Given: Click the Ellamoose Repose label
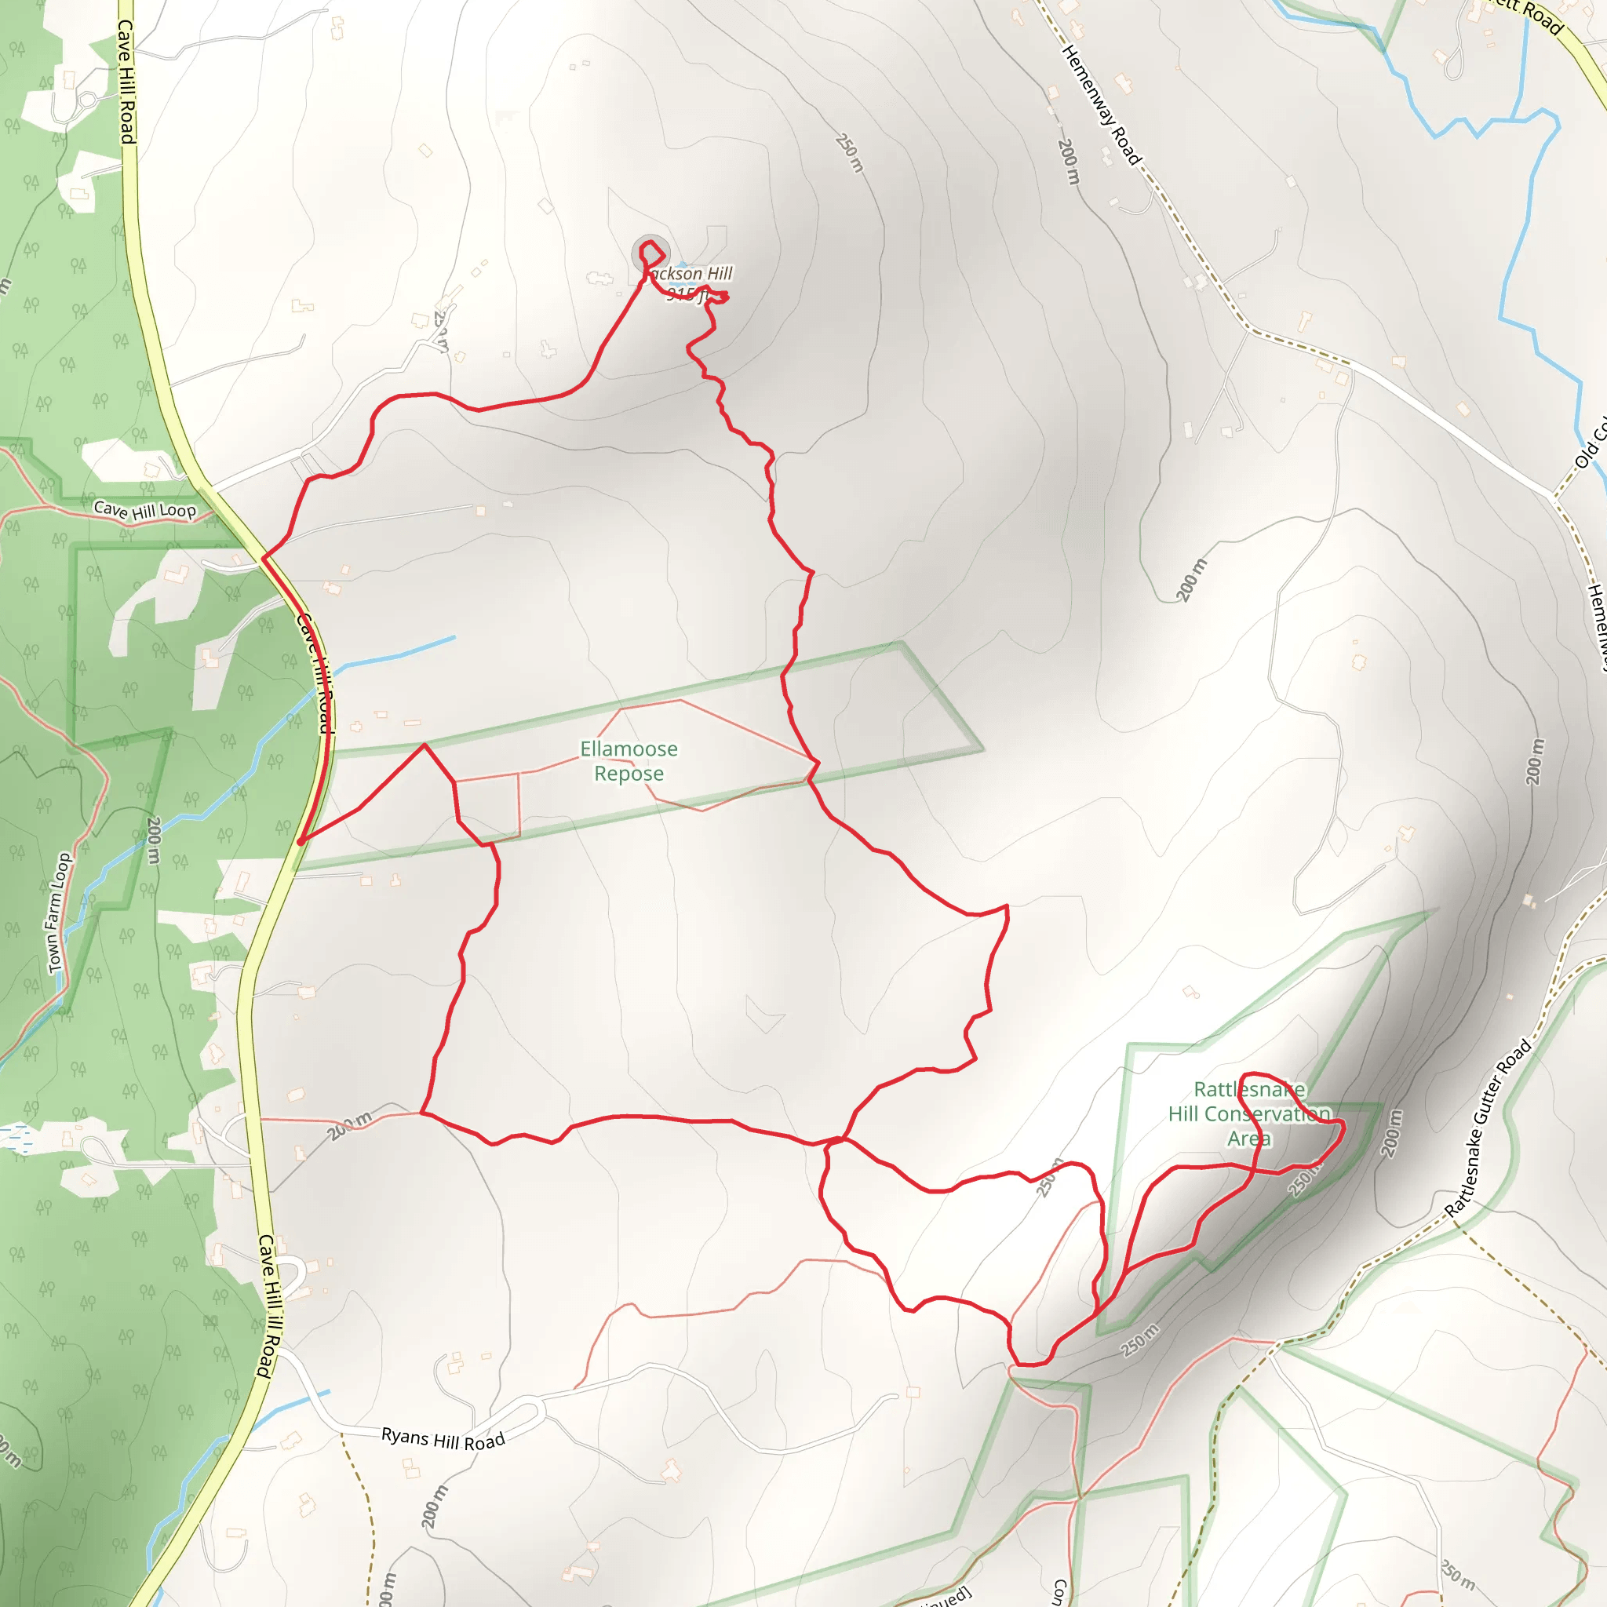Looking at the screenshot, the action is click(629, 761).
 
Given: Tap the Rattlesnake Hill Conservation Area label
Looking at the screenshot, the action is click(1249, 1113).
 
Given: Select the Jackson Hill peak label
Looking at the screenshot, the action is click(690, 282).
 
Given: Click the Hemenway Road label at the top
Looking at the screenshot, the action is click(1100, 105).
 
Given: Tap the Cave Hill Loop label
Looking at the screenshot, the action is click(144, 510).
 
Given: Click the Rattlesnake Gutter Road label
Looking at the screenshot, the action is click(1488, 1128).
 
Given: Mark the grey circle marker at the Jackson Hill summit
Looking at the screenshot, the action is click(650, 253).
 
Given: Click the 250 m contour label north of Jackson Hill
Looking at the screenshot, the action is click(850, 153).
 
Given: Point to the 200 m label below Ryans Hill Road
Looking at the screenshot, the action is click(434, 1507).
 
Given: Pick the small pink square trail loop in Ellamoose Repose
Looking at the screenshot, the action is click(488, 805).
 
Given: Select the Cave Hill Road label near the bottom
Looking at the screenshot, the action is click(268, 1306).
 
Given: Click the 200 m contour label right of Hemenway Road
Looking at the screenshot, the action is click(1069, 162).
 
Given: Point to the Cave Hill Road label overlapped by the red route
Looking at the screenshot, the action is click(315, 674).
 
